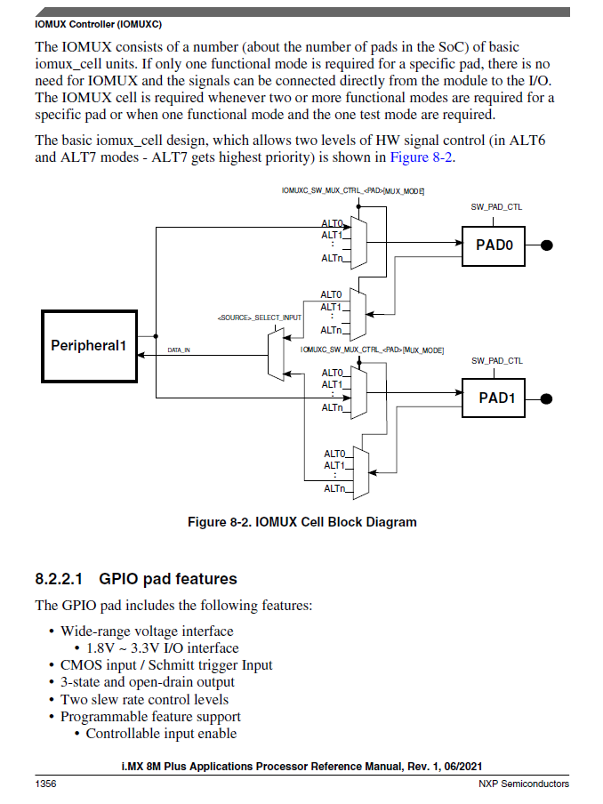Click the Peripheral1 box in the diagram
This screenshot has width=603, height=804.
click(89, 345)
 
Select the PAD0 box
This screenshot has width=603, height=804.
click(494, 245)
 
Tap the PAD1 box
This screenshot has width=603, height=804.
click(494, 398)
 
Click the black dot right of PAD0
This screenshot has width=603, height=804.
click(548, 245)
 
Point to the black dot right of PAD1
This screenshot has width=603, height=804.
click(548, 398)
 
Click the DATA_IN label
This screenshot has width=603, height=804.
click(178, 350)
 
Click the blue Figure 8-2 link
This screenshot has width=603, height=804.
click(422, 157)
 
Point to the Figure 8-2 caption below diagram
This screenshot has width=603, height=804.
click(301, 522)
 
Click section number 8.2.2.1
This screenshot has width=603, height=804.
click(60, 579)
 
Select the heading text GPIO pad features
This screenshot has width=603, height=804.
click(168, 579)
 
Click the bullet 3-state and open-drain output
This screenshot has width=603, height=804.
click(148, 682)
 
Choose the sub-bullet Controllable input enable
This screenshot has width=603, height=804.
click(161, 734)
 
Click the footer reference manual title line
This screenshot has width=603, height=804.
click(301, 767)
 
